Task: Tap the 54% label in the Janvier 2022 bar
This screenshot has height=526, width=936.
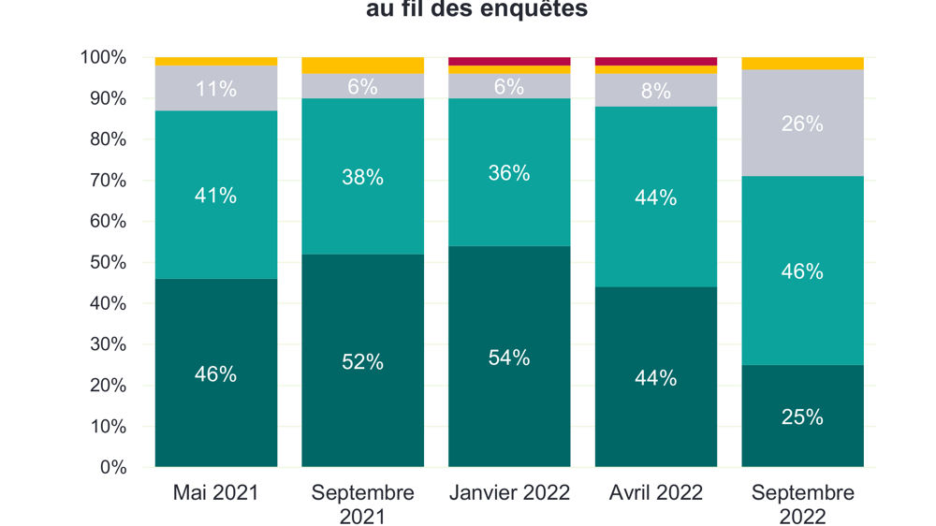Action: click(509, 358)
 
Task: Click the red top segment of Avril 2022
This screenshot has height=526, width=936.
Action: click(656, 61)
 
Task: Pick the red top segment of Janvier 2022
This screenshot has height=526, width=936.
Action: click(509, 61)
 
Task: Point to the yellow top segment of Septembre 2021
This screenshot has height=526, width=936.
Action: click(362, 65)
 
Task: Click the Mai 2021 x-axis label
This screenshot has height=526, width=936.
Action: click(215, 493)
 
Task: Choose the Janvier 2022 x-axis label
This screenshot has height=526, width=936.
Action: click(509, 493)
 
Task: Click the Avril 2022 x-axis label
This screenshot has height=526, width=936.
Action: click(656, 493)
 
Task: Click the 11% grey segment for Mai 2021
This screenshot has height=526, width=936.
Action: click(215, 88)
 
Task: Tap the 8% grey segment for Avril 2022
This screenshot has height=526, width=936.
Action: click(656, 90)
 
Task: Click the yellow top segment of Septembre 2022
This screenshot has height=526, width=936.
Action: click(802, 63)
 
